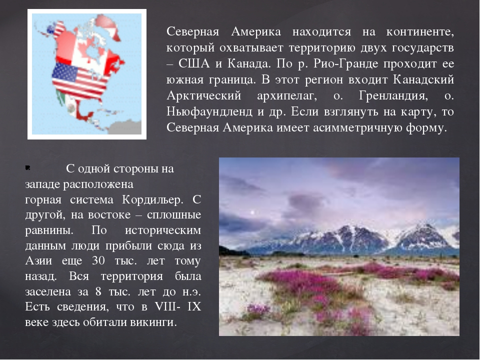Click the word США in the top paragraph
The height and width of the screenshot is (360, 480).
194,63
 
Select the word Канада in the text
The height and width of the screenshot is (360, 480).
249,63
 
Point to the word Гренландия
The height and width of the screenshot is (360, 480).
393,96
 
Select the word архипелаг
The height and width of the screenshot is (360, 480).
287,96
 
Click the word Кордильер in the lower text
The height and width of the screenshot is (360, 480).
152,199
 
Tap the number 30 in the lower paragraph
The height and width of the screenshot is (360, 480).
98,260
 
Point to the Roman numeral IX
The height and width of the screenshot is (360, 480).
194,306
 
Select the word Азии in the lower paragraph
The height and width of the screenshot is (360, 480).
38,260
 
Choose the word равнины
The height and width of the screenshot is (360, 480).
49,230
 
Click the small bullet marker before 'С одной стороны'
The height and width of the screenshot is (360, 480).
27,167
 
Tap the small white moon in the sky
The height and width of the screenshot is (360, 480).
252,212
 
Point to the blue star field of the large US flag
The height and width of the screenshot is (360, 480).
65,72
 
